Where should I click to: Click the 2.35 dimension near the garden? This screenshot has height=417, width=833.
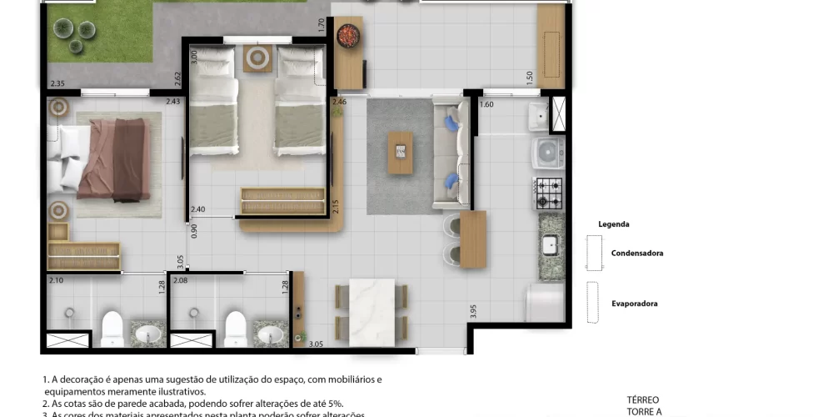[57, 83]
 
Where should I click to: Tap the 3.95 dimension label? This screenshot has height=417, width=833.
[473, 312]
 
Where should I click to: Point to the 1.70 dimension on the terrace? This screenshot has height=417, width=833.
[322, 25]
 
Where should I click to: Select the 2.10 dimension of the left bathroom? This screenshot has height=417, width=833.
[56, 280]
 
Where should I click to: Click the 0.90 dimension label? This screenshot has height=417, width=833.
[194, 232]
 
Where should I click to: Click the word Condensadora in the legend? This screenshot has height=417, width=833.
[636, 253]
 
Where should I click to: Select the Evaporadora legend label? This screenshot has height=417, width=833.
[634, 304]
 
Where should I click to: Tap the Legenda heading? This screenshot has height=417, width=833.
[613, 224]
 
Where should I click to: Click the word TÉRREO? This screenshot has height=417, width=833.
[643, 399]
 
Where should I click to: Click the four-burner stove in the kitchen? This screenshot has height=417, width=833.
[549, 193]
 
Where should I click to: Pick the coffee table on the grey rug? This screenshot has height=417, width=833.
[401, 153]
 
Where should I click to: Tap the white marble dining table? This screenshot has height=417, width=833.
[372, 309]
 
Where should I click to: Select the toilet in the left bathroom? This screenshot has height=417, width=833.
[112, 328]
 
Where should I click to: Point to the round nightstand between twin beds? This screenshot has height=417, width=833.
[257, 58]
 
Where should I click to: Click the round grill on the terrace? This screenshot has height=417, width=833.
[347, 36]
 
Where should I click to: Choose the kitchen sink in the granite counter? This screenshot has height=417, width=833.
[550, 244]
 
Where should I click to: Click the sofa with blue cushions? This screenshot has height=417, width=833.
[451, 152]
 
